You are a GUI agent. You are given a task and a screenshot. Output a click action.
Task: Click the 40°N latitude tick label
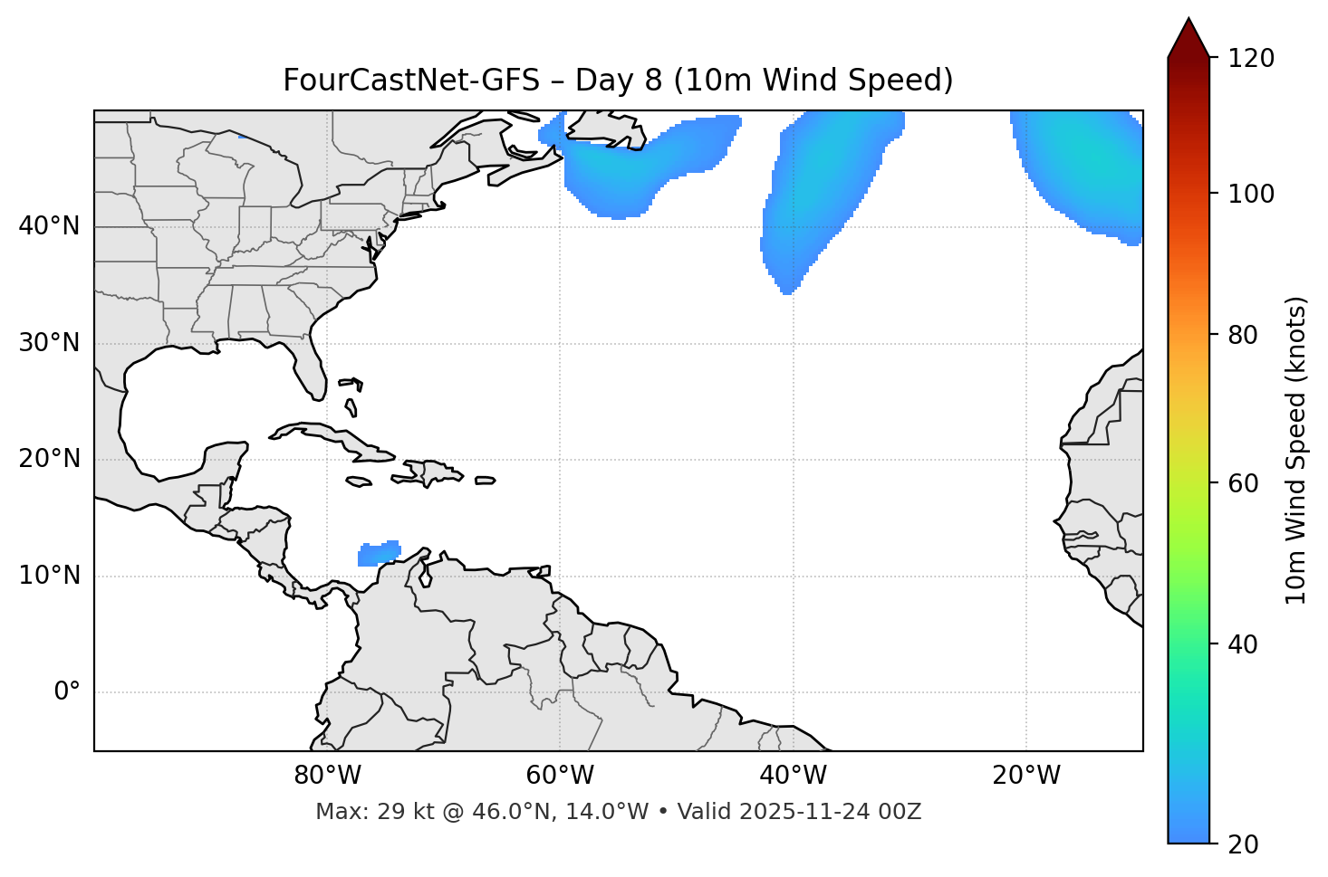tap(49, 226)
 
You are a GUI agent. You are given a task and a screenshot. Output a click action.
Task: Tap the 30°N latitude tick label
tap(49, 343)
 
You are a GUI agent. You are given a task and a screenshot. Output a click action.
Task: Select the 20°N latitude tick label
tap(49, 459)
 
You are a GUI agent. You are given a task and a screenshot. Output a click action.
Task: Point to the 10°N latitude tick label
tap(49, 576)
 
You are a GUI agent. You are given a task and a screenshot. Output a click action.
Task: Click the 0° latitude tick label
tap(67, 692)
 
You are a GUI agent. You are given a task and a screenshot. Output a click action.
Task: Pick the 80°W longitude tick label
tap(327, 776)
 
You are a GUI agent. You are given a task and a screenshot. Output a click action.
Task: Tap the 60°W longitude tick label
tap(560, 776)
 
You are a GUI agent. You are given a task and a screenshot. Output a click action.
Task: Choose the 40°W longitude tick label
tap(794, 776)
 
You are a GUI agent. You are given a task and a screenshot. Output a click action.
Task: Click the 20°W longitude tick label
tap(1026, 776)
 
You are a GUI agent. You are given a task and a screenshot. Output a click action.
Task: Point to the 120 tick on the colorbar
tap(1250, 59)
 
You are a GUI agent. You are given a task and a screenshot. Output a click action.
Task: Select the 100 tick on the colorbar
tap(1250, 194)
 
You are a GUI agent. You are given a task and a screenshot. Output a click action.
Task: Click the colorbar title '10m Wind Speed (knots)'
tap(1296, 450)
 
